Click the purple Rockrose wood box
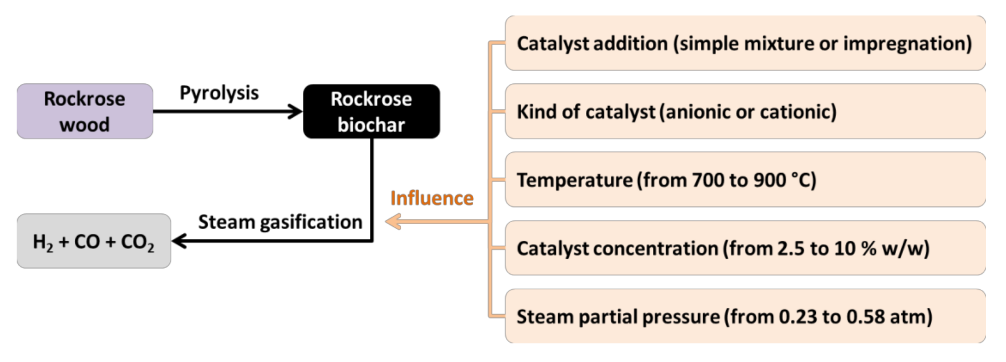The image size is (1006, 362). [x=85, y=111]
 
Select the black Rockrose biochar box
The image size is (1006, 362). [x=371, y=111]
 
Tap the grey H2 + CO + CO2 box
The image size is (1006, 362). [x=93, y=241]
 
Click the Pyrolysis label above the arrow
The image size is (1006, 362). [x=219, y=93]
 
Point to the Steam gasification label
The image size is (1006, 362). [x=280, y=222]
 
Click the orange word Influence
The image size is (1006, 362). [x=432, y=198]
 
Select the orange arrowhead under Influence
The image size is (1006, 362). [x=393, y=222]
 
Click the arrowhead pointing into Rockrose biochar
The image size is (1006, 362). [x=295, y=111]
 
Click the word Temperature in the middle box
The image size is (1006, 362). [x=574, y=180]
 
